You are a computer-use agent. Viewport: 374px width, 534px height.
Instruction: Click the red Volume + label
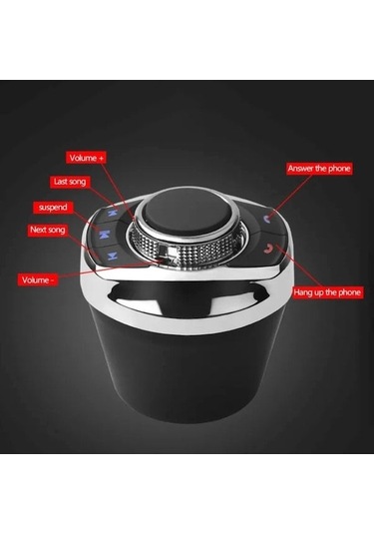[x=86, y=158]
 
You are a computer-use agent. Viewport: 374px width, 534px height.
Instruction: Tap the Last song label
[x=70, y=182]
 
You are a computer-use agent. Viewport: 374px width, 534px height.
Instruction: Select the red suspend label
[x=53, y=208]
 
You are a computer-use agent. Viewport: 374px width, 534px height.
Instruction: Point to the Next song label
[x=47, y=230]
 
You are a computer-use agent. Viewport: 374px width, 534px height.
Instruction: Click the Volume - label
[x=38, y=279]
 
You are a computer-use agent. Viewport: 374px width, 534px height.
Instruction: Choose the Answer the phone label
[x=319, y=169]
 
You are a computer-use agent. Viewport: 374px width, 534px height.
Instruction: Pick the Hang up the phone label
[x=327, y=292]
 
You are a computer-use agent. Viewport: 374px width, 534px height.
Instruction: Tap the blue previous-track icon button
[x=111, y=214]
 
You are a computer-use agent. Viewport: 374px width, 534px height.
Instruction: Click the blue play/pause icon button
[x=104, y=235]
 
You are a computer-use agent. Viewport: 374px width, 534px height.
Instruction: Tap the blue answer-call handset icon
[x=267, y=219]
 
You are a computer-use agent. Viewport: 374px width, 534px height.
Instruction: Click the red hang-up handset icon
[x=269, y=250]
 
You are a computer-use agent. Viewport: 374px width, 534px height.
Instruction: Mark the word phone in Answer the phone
[x=338, y=169]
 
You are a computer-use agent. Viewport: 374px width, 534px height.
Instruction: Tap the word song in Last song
[x=77, y=182]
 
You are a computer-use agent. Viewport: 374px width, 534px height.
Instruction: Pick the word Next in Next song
[x=38, y=230]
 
